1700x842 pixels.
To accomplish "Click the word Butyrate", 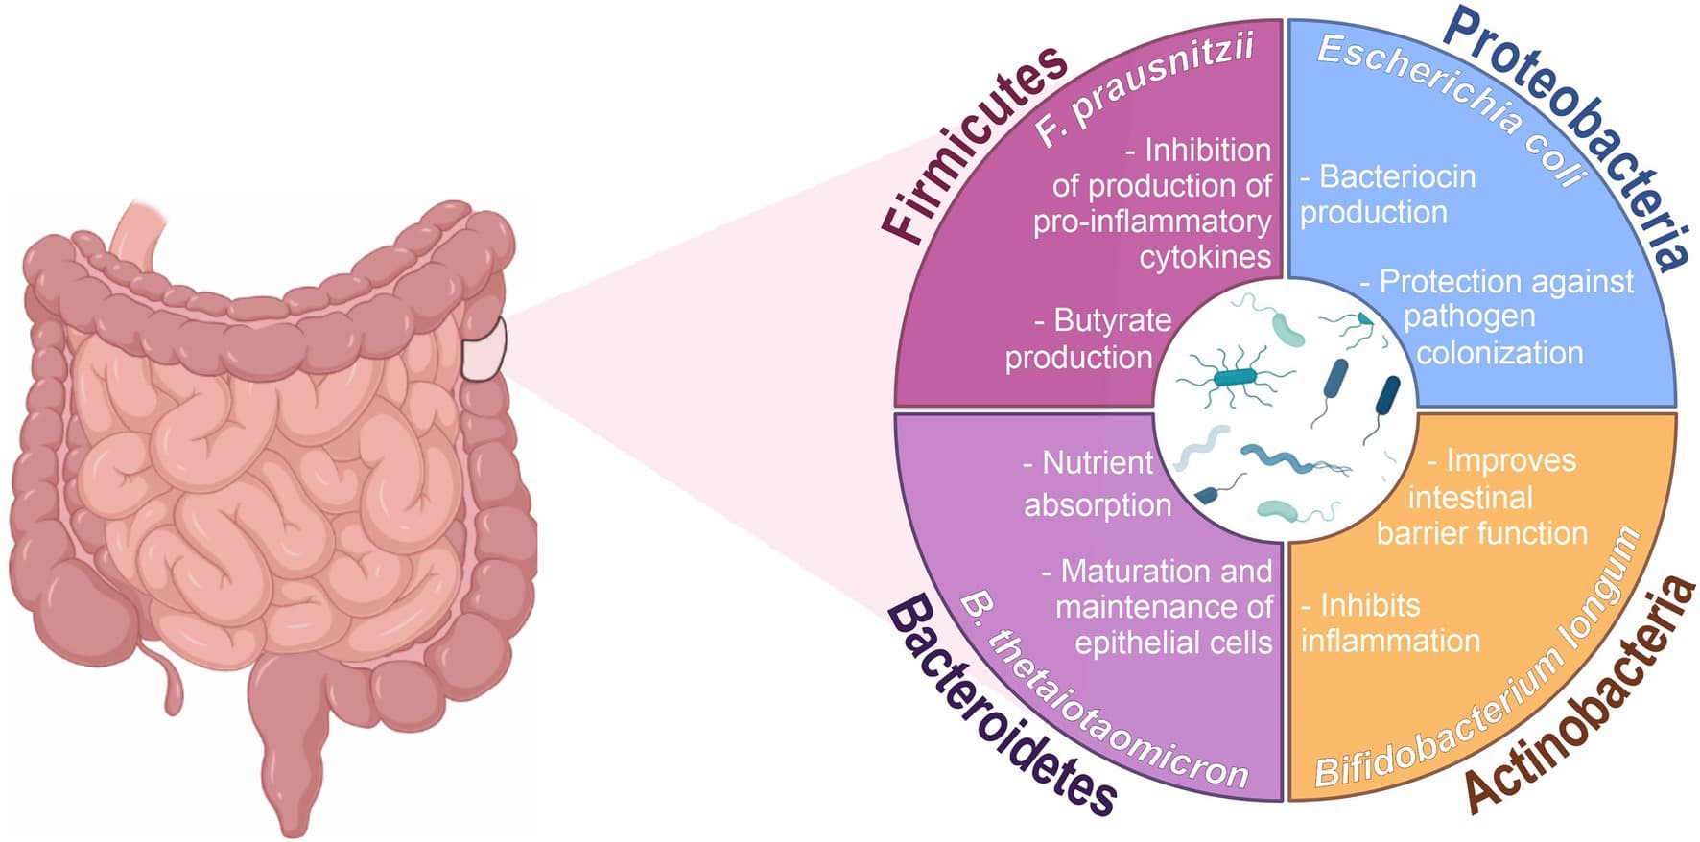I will (1112, 320).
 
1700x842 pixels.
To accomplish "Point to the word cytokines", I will (1205, 257).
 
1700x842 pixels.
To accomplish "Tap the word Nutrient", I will (1098, 463).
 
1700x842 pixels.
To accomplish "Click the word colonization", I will (1499, 353).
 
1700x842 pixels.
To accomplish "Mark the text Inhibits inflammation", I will (1390, 623).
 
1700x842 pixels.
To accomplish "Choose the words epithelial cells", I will (1172, 643).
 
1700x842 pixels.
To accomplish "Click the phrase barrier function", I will (1482, 533).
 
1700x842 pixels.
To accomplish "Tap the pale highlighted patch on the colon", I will (483, 349).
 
